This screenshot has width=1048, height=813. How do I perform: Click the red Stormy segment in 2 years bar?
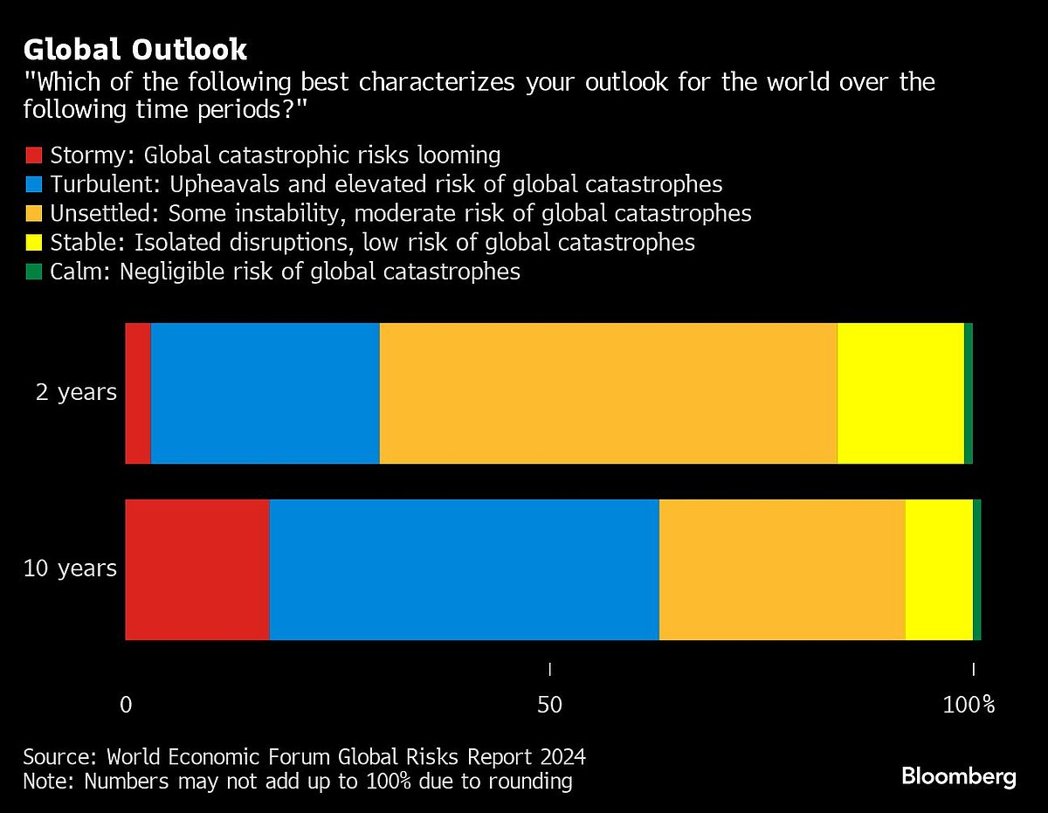138,393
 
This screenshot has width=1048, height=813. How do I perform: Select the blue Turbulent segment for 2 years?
265,393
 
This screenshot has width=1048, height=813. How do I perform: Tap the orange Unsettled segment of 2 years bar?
608,393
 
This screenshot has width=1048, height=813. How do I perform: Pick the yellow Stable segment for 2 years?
900,393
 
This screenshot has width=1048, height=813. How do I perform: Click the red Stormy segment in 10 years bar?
197,569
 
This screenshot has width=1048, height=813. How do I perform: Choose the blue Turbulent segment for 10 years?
464,569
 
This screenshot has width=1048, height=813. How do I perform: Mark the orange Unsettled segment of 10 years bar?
782,569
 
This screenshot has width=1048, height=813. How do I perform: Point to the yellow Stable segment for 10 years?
939,569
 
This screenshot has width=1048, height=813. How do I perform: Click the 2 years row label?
76,393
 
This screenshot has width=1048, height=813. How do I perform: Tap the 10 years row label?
70,569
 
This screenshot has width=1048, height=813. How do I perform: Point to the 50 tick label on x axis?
549,705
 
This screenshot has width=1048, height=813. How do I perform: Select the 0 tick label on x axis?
126,705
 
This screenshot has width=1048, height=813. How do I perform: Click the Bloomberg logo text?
958,775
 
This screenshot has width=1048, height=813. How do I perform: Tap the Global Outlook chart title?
135,50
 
